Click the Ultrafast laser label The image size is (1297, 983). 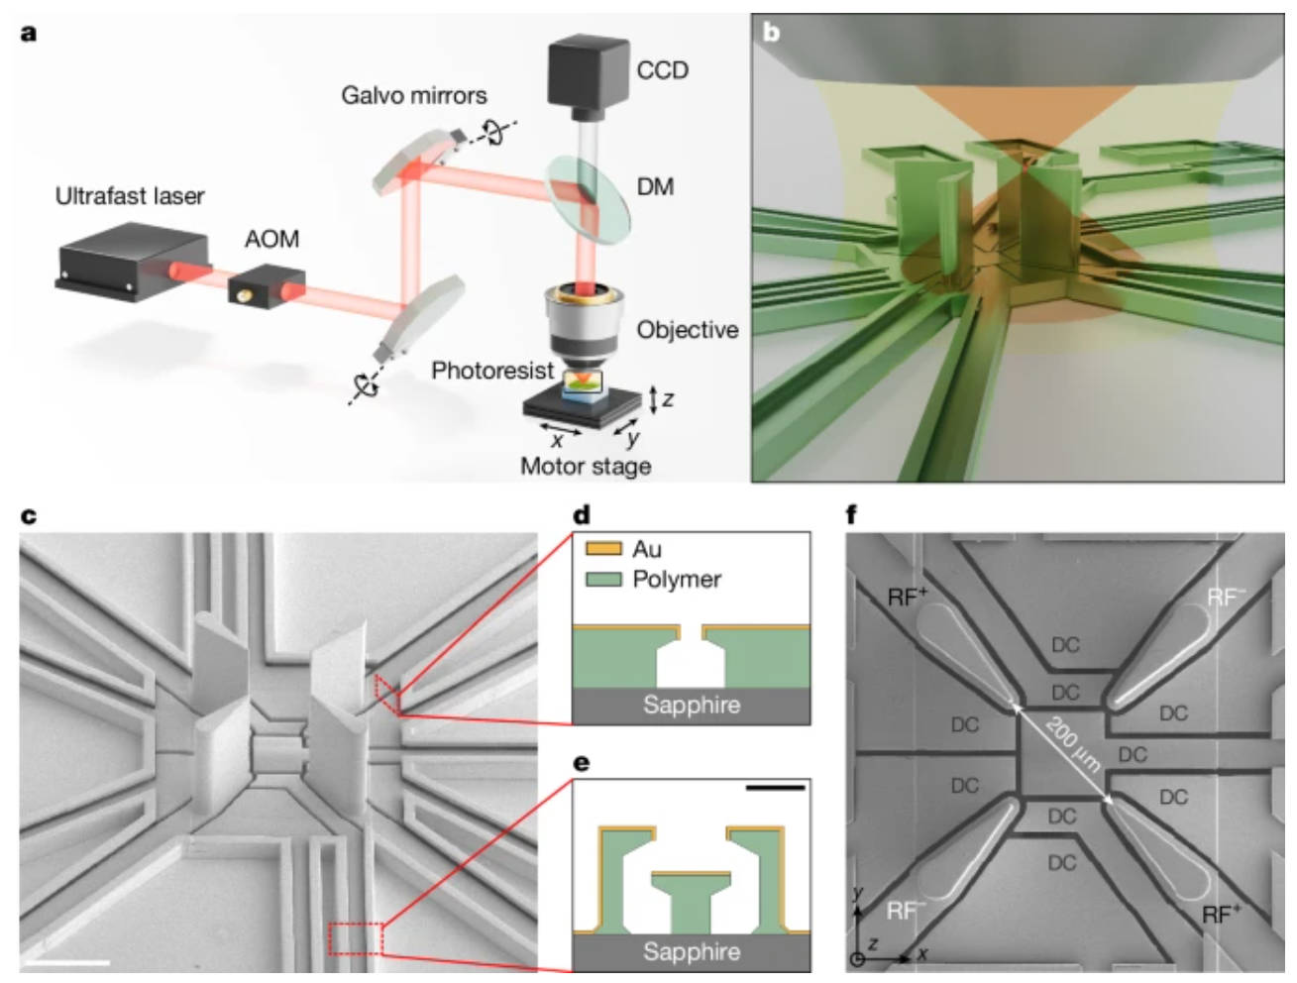[x=130, y=196]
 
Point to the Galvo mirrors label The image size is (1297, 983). [x=413, y=96]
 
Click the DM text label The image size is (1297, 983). [x=655, y=186]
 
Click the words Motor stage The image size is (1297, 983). [x=586, y=466]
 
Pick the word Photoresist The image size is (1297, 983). [x=491, y=371]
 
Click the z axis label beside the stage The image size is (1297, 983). [x=669, y=398]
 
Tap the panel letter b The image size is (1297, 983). [x=771, y=33]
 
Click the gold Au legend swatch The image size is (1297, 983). [x=603, y=549]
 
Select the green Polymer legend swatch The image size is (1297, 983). [x=603, y=580]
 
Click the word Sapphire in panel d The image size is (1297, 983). [x=691, y=705]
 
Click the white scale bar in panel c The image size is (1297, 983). [x=74, y=960]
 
